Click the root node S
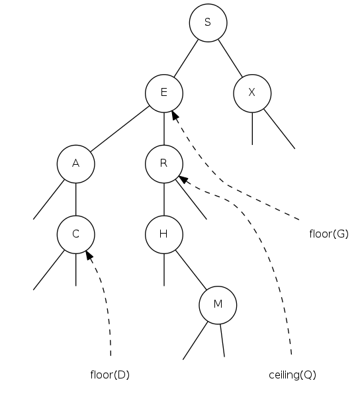(x=208, y=22)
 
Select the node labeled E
(x=164, y=93)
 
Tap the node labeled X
(x=252, y=93)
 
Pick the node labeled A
(x=76, y=164)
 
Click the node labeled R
(x=164, y=164)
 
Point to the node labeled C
(x=76, y=234)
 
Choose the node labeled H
(x=164, y=234)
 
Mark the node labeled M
(x=218, y=305)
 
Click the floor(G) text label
(x=329, y=234)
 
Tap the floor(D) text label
(x=110, y=375)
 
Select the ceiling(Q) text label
(x=292, y=375)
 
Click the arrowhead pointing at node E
(x=175, y=115)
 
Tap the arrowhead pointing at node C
(x=89, y=255)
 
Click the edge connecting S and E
(x=186, y=58)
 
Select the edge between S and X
(x=230, y=58)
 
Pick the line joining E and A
(x=120, y=128)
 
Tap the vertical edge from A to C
(x=76, y=199)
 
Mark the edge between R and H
(x=164, y=199)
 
